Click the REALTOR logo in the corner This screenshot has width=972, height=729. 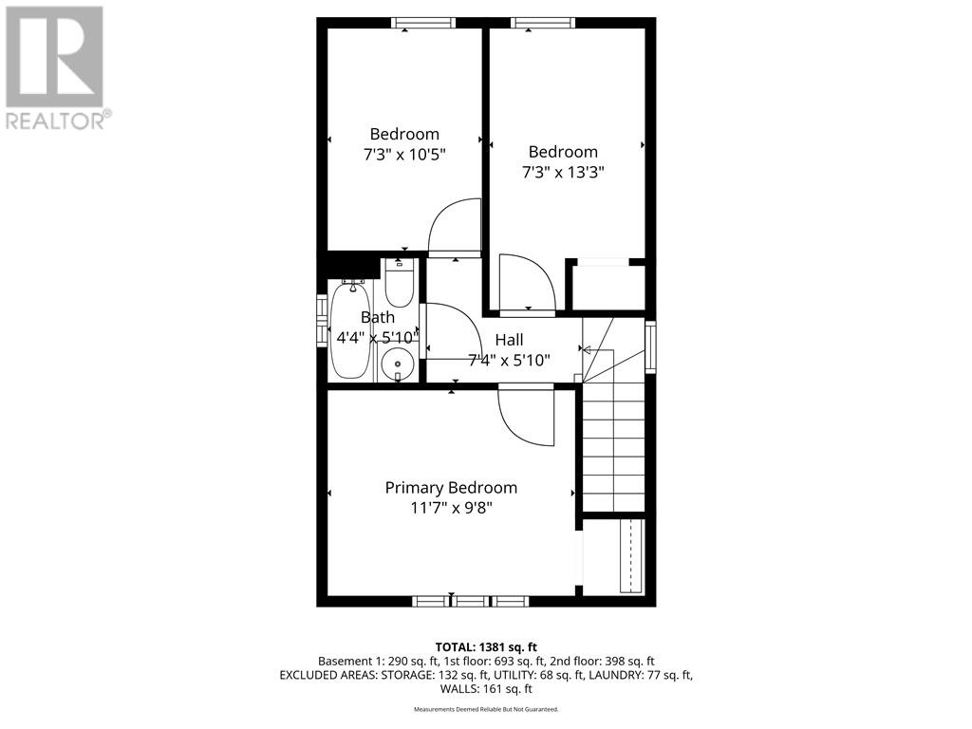(55, 67)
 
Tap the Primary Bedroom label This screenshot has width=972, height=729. (451, 487)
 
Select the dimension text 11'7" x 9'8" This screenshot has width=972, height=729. (451, 508)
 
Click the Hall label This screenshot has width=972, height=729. (509, 339)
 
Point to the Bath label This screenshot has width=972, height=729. (377, 317)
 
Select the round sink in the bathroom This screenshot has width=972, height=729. (396, 363)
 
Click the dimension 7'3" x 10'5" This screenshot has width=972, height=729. (404, 154)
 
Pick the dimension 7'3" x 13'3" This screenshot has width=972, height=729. (563, 172)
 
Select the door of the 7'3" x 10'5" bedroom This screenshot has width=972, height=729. (454, 229)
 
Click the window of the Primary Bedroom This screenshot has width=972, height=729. (471, 600)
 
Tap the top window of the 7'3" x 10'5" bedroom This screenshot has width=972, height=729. (423, 23)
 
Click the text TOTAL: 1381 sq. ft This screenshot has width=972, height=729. (485, 646)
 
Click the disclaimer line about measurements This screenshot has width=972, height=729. (485, 709)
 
